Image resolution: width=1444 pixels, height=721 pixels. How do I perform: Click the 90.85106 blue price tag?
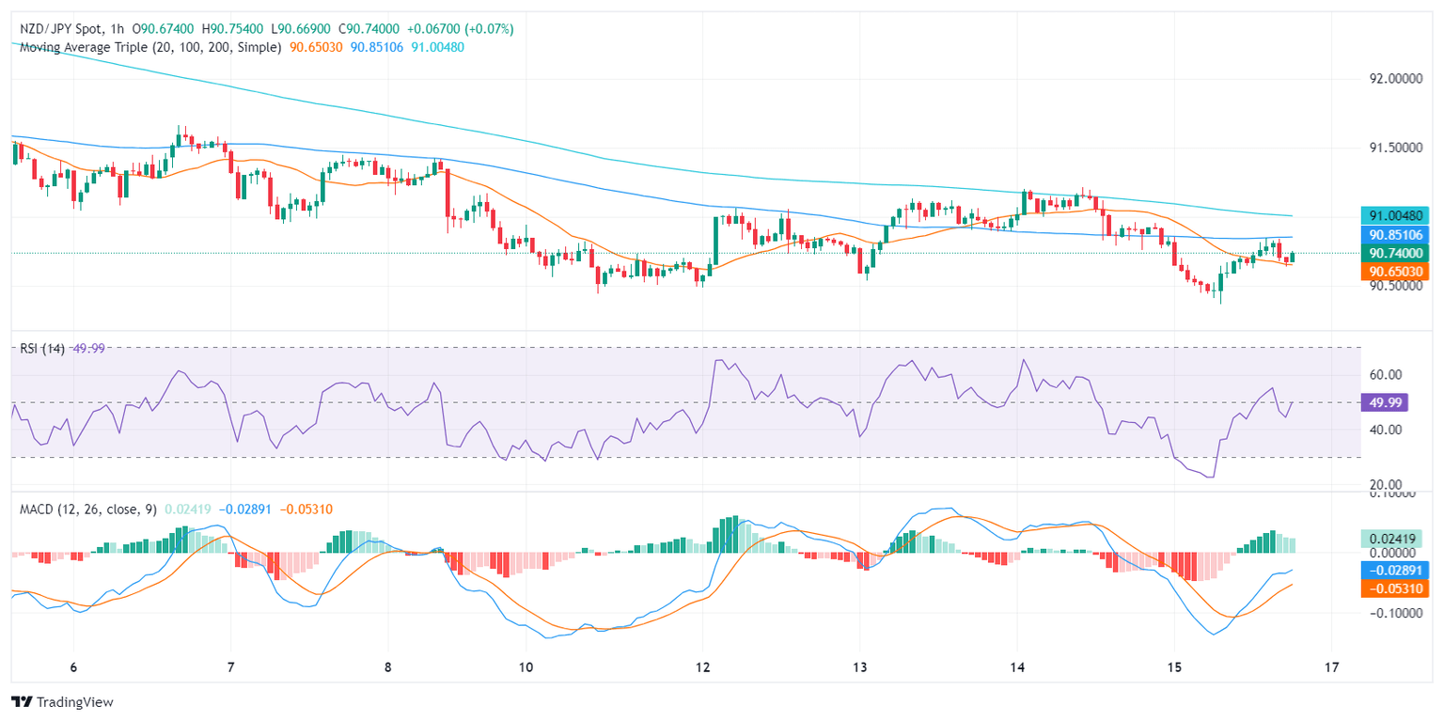(x=1394, y=235)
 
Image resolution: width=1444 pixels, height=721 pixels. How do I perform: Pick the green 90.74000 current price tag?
(x=1394, y=253)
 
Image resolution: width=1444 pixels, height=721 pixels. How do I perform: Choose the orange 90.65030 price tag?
(x=1394, y=271)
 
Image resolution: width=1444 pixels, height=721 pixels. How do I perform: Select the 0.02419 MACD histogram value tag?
(x=1394, y=540)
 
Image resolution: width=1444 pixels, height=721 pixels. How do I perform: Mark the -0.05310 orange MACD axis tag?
(x=1394, y=589)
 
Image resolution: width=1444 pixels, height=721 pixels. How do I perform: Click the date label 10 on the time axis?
(x=526, y=666)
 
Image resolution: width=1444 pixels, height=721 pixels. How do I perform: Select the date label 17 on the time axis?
(x=1330, y=666)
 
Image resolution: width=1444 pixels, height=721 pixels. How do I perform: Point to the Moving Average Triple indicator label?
(x=150, y=47)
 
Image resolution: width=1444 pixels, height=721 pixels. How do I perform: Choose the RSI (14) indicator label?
(x=42, y=348)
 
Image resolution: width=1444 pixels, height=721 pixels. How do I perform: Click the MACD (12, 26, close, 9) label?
(x=88, y=509)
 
